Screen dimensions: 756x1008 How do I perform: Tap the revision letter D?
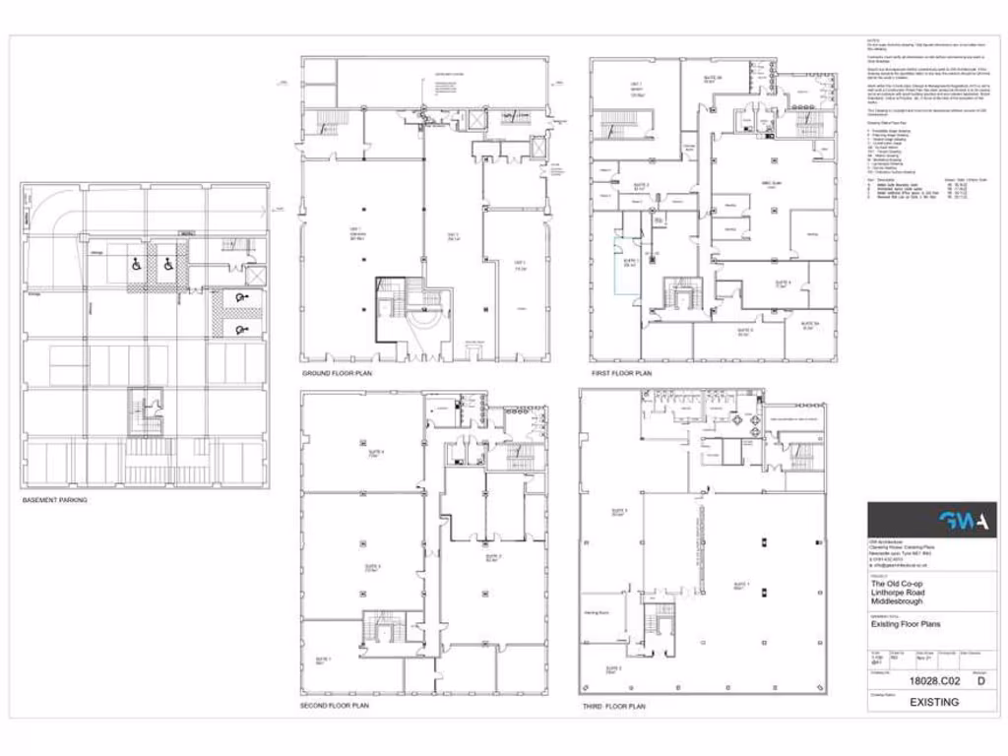click(978, 679)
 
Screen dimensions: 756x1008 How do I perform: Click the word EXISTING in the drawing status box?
click(933, 702)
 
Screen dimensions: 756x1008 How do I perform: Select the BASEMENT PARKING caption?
click(55, 500)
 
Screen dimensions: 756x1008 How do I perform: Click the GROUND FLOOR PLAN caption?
click(338, 374)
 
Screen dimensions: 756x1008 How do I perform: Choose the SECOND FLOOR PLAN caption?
click(335, 706)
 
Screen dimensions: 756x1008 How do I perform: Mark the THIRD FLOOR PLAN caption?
click(613, 706)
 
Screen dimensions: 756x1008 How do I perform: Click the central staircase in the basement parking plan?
click(146, 411)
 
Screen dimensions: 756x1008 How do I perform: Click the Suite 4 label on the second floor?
click(374, 453)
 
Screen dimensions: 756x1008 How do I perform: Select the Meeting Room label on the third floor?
click(596, 612)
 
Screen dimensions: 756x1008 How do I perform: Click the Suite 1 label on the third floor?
click(733, 587)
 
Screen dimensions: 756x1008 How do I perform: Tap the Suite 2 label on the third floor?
click(612, 670)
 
